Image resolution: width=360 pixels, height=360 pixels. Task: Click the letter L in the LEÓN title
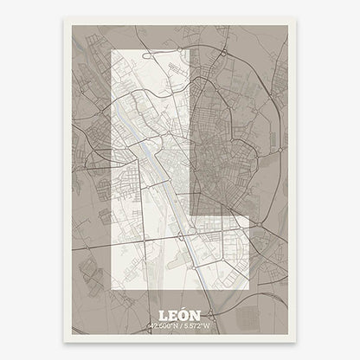(x=164, y=315)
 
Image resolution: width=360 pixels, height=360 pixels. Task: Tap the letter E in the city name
(x=173, y=315)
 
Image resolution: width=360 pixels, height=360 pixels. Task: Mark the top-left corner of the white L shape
(x=113, y=51)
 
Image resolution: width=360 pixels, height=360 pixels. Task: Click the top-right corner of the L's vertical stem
(x=190, y=51)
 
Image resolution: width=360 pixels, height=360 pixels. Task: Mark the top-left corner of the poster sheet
(x=64, y=22)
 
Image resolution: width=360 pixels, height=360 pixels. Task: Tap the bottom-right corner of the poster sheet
(x=296, y=337)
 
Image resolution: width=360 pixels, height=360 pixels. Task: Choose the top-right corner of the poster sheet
(x=296, y=22)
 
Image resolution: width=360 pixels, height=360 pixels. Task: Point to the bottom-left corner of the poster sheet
(x=64, y=337)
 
